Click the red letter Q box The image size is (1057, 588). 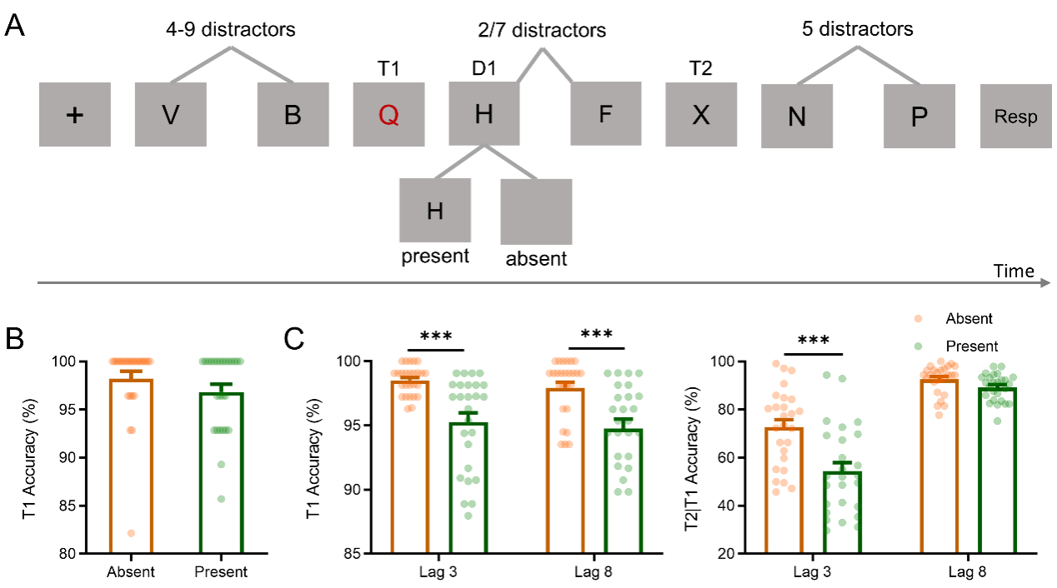point(388,115)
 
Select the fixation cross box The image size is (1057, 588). point(75,115)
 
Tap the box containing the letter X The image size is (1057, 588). point(701,115)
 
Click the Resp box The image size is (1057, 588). point(1015,117)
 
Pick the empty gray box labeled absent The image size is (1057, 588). point(536,212)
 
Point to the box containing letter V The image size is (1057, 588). point(170,115)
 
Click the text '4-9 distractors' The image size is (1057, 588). point(229,30)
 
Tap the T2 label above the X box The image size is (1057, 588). point(700,69)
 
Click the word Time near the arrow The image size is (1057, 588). point(1014,272)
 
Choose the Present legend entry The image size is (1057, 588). point(971,346)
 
